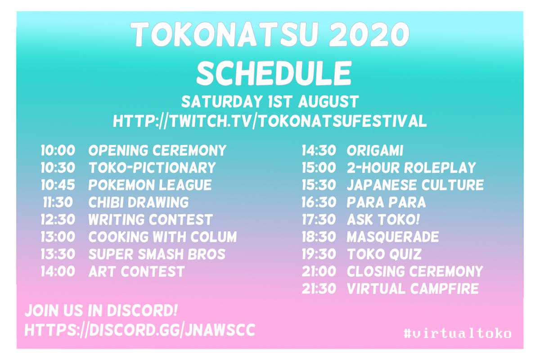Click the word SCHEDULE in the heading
click(274, 73)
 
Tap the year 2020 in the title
click(369, 34)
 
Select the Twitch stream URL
click(270, 121)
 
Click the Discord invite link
click(140, 330)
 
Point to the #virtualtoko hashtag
click(457, 333)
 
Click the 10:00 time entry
click(58, 150)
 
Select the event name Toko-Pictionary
click(152, 167)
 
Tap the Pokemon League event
click(150, 185)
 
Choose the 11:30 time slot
click(58, 202)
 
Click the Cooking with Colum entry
click(163, 237)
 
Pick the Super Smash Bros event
click(157, 254)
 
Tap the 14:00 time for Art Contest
click(58, 271)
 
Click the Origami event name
click(375, 150)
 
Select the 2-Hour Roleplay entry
click(411, 167)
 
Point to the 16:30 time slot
click(319, 202)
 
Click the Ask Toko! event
click(383, 220)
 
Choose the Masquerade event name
click(393, 237)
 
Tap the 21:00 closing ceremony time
click(319, 271)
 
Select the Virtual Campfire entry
click(413, 288)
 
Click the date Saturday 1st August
click(270, 102)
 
